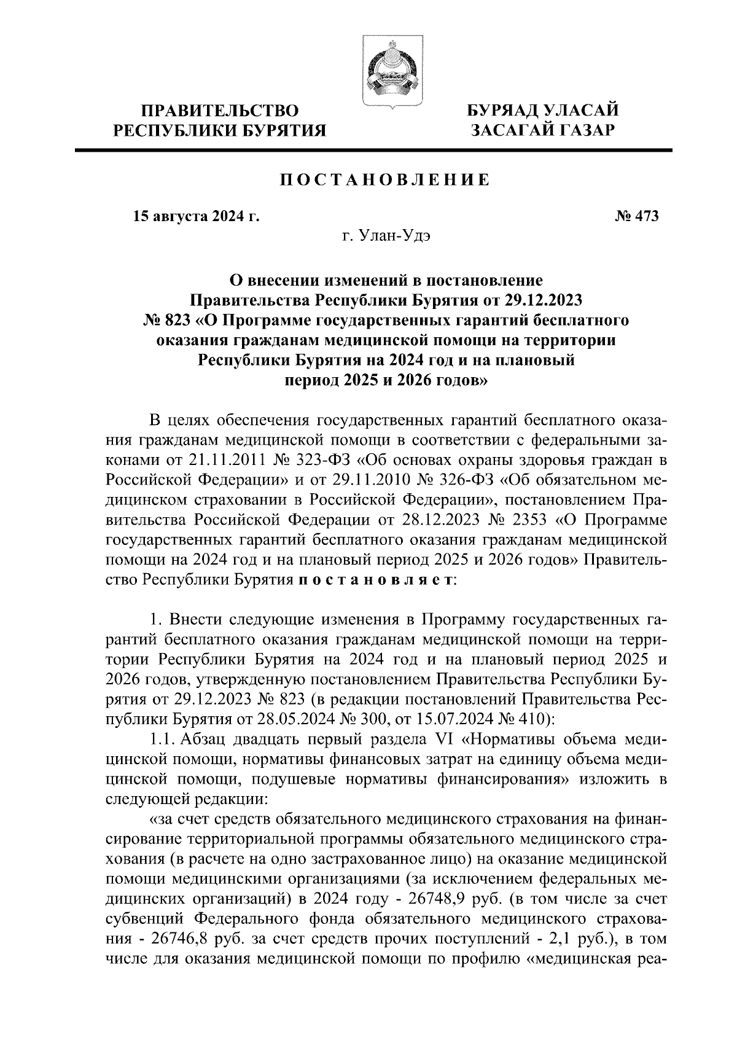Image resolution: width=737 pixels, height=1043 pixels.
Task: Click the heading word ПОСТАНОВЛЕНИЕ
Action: [385, 180]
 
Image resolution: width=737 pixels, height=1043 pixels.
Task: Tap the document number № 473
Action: [636, 216]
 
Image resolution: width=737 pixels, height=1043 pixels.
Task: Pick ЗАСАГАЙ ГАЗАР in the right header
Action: [542, 131]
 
